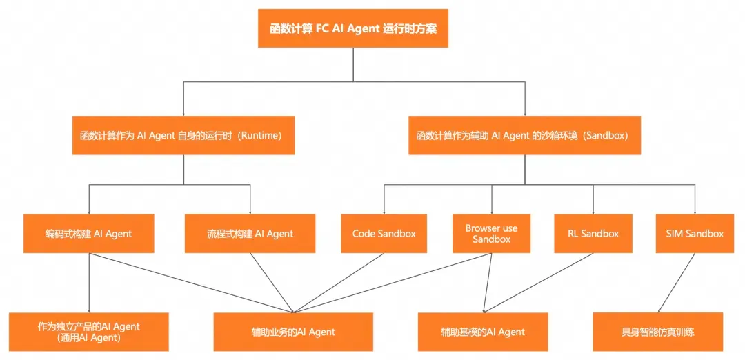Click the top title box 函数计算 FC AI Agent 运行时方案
(353, 28)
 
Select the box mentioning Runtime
(183, 135)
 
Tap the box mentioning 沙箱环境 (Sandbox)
(524, 135)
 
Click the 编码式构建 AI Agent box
(89, 233)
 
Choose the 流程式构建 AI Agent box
(250, 233)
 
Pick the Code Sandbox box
(384, 233)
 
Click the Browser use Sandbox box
(491, 233)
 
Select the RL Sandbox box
(593, 233)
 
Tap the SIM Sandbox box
(695, 233)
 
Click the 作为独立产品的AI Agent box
(89, 332)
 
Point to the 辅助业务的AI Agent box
(293, 332)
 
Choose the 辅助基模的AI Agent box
(483, 332)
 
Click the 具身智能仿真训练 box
(658, 332)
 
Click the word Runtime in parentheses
(260, 135)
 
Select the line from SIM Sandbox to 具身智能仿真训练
(676, 283)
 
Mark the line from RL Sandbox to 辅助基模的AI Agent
(538, 283)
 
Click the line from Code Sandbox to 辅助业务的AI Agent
(339, 283)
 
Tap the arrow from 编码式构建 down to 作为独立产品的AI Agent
(89, 283)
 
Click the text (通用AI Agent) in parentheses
(89, 338)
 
